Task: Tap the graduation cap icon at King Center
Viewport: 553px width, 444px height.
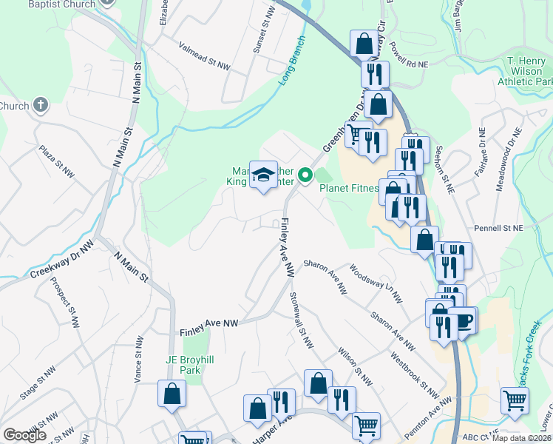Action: click(263, 175)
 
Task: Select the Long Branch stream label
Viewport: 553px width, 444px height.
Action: click(292, 60)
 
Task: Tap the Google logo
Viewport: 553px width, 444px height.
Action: click(24, 435)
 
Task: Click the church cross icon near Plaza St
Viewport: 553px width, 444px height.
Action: click(40, 105)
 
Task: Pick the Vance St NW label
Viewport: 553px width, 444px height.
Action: click(138, 360)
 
